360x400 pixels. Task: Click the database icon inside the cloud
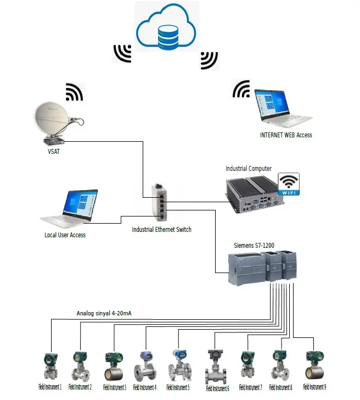pyautogui.click(x=167, y=35)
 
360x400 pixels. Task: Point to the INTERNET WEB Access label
pyautogui.click(x=285, y=135)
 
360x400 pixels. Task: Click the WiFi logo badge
pyautogui.click(x=289, y=184)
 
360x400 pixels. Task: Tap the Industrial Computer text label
pyautogui.click(x=249, y=168)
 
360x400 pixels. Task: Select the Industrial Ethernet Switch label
pyautogui.click(x=162, y=229)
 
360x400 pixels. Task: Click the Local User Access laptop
pyautogui.click(x=71, y=209)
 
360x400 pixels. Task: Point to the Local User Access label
pyautogui.click(x=65, y=235)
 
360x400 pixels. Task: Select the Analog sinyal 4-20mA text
pyautogui.click(x=104, y=314)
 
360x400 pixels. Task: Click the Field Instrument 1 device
pyautogui.click(x=52, y=365)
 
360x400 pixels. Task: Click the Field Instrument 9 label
pyautogui.click(x=314, y=387)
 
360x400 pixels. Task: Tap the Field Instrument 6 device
pyautogui.click(x=215, y=366)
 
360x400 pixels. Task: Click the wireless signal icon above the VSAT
pyautogui.click(x=74, y=92)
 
